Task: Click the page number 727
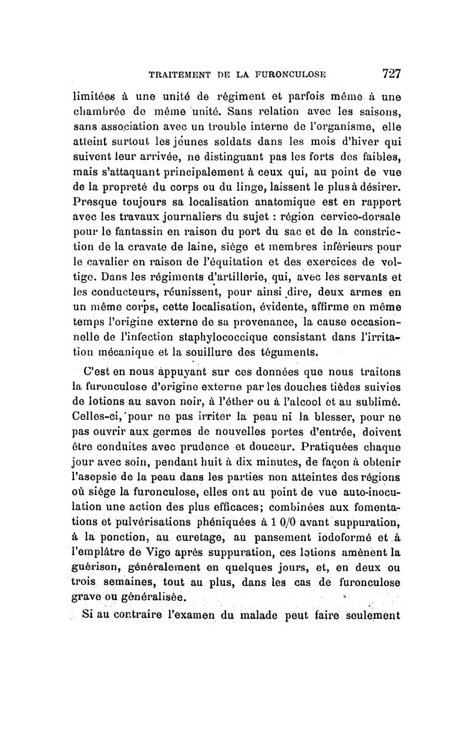tap(391, 73)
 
